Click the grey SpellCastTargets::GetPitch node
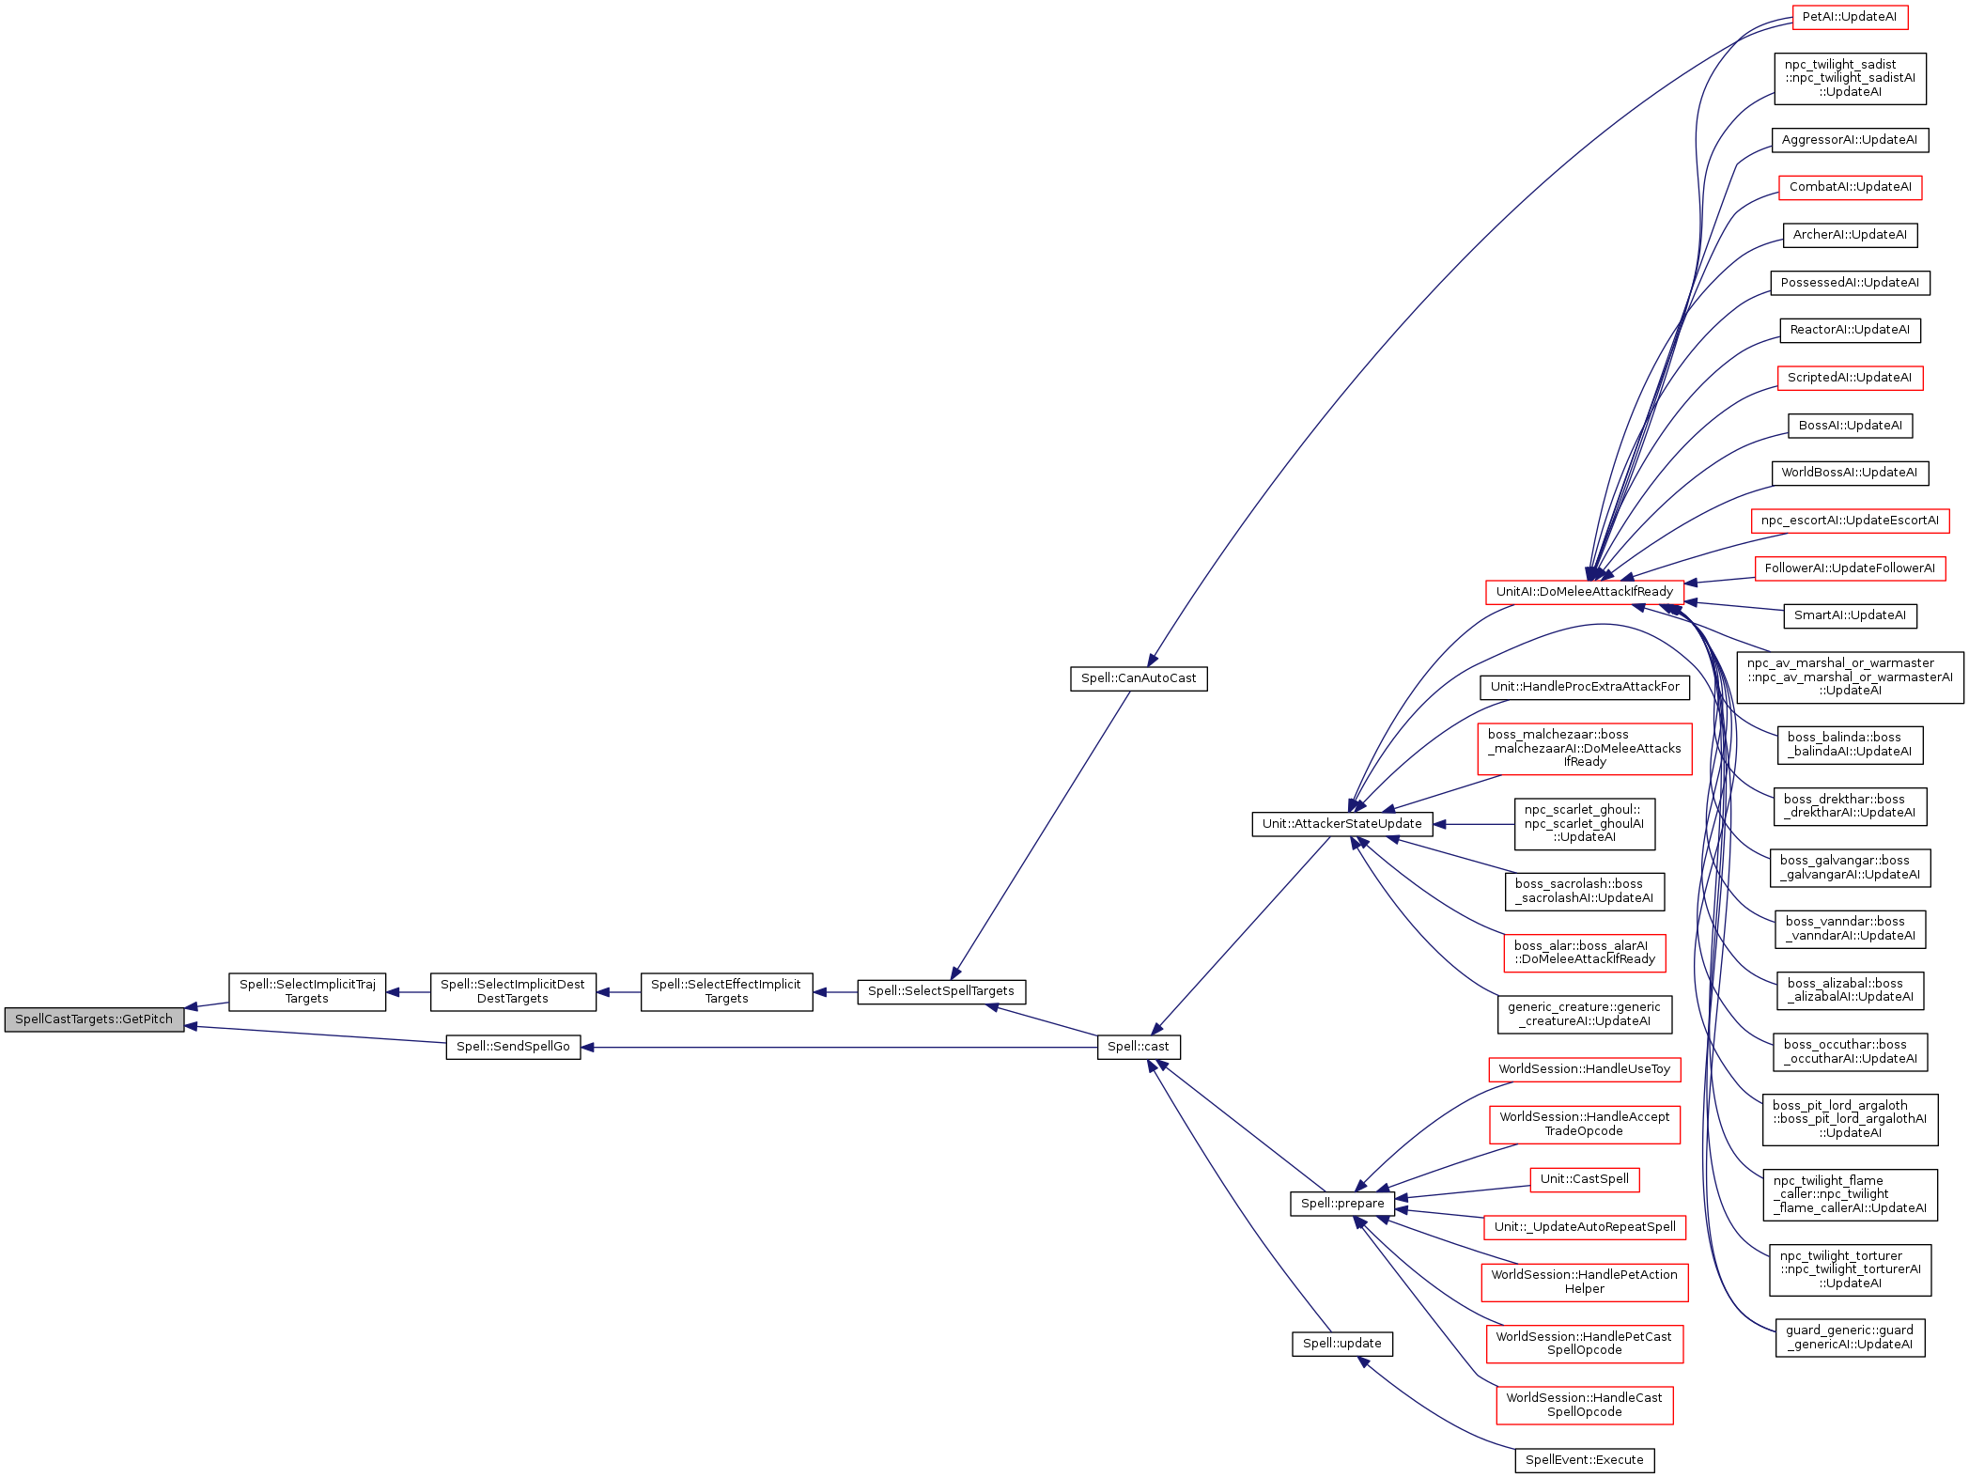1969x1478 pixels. [x=94, y=1019]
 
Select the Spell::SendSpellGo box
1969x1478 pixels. [x=513, y=1047]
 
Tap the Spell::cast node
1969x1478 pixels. [x=1138, y=1047]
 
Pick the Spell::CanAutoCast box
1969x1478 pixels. [x=1138, y=678]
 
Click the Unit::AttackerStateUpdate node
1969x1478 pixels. [x=1341, y=824]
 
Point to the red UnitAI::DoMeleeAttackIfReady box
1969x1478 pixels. [x=1584, y=592]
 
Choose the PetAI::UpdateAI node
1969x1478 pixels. [x=1849, y=17]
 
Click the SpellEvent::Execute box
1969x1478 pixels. [x=1584, y=1460]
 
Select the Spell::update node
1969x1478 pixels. [x=1341, y=1344]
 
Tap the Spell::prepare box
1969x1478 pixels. [x=1341, y=1204]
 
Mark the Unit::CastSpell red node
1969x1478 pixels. [x=1584, y=1179]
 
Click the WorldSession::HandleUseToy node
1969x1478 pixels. [x=1584, y=1069]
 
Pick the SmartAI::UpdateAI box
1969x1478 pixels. [x=1849, y=615]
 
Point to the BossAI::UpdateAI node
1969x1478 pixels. [x=1849, y=426]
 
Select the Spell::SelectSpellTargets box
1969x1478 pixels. [x=940, y=991]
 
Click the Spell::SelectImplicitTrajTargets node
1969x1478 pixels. [x=307, y=991]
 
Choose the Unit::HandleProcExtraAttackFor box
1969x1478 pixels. [x=1584, y=687]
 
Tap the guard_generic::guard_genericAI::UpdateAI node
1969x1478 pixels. [x=1849, y=1337]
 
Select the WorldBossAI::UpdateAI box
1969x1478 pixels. [x=1849, y=473]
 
